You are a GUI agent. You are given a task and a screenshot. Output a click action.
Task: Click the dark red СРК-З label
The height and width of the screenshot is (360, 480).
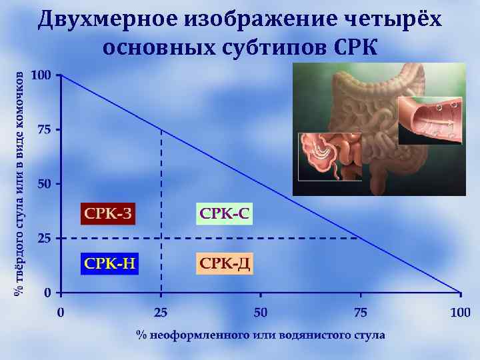click(x=107, y=213)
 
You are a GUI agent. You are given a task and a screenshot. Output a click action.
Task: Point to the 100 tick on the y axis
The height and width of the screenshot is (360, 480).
click(x=41, y=75)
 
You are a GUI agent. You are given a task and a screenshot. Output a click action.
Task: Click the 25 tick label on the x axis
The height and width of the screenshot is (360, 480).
click(x=161, y=311)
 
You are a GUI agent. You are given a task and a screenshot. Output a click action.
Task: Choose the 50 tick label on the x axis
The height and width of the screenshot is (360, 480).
click(x=261, y=311)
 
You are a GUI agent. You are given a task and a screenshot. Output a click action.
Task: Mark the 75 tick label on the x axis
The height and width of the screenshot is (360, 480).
click(x=361, y=311)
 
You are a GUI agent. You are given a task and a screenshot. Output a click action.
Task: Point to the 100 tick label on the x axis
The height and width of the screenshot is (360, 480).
click(x=460, y=311)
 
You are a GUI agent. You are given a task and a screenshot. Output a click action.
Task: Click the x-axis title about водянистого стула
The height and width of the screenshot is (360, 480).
click(x=261, y=335)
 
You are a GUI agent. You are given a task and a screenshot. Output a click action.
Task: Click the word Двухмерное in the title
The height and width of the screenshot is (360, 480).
click(x=107, y=20)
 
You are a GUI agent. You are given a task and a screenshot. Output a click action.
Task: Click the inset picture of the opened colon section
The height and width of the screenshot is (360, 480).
click(x=430, y=120)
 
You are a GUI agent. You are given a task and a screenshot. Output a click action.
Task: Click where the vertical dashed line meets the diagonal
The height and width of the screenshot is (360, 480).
click(x=161, y=129)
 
